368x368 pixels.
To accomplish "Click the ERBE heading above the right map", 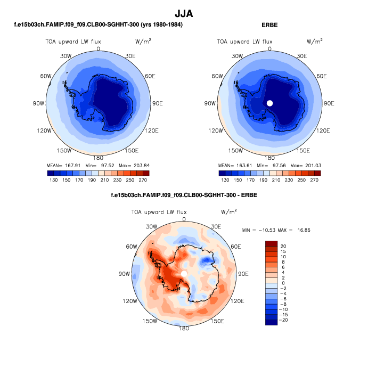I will coord(270,25).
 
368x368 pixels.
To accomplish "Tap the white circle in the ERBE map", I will coord(270,103).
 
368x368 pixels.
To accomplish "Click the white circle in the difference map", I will coord(184,273).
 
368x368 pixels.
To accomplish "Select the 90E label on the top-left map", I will coord(158,103).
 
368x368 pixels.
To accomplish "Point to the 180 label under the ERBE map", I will coord(269,158).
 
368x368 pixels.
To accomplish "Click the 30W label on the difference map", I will coord(152,227).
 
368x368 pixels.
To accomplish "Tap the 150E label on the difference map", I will coord(217,321).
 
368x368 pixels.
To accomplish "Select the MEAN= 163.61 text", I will coord(233,166).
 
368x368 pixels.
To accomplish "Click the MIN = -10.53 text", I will coord(259,229).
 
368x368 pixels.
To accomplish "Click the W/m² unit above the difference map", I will coord(228,211).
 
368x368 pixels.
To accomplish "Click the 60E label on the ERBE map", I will coord(321,76).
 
